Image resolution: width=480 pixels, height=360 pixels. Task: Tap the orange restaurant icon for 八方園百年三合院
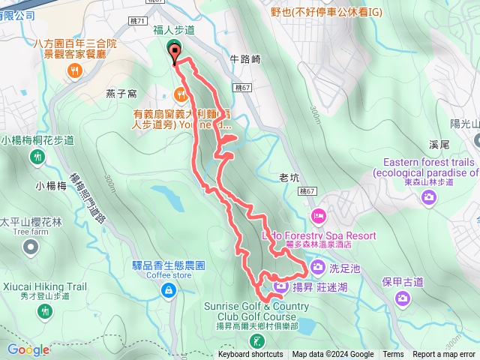point(74,71)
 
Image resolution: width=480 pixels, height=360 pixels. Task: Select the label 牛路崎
point(244,58)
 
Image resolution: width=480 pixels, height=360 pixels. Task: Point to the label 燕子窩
point(121,94)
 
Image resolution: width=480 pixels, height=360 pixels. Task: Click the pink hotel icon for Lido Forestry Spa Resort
point(319,217)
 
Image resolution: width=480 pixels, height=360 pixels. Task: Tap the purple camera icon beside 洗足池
point(318,266)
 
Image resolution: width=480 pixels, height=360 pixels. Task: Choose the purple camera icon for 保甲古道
point(403,298)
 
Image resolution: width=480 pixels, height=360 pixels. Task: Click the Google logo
point(28,349)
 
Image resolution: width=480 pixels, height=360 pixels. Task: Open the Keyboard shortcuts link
point(250,355)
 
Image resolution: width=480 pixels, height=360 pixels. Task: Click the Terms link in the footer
point(393,355)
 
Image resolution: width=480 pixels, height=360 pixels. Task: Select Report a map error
point(444,355)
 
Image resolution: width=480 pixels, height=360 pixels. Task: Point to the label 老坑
point(289,178)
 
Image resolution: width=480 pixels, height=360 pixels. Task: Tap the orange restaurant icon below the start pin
point(181,94)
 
